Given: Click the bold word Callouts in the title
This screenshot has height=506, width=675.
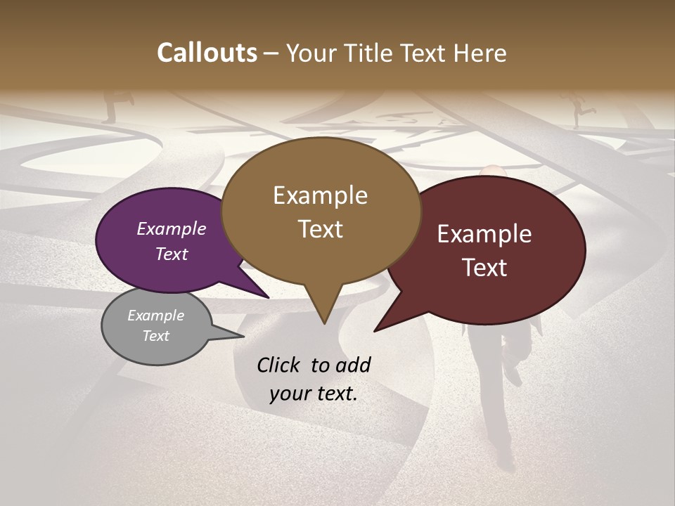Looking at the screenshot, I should tap(207, 53).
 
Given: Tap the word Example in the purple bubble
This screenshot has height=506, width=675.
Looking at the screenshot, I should tap(171, 228).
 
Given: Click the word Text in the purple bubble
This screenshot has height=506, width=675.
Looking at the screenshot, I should tap(171, 254).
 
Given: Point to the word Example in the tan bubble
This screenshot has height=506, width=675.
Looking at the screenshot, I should tap(320, 195).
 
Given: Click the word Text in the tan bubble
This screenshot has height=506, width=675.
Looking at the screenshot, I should tap(320, 229).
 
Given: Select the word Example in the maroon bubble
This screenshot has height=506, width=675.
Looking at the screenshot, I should tap(484, 234).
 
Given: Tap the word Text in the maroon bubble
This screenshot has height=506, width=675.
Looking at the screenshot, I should tap(484, 268).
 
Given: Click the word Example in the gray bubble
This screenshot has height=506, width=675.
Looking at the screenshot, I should tap(155, 316).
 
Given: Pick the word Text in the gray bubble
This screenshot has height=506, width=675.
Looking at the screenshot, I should tap(155, 336).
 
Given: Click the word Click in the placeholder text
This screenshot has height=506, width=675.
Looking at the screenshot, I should tap(279, 365).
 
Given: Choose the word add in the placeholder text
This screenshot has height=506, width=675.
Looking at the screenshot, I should tap(354, 365).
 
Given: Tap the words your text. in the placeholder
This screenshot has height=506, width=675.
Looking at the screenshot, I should tap(314, 393).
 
